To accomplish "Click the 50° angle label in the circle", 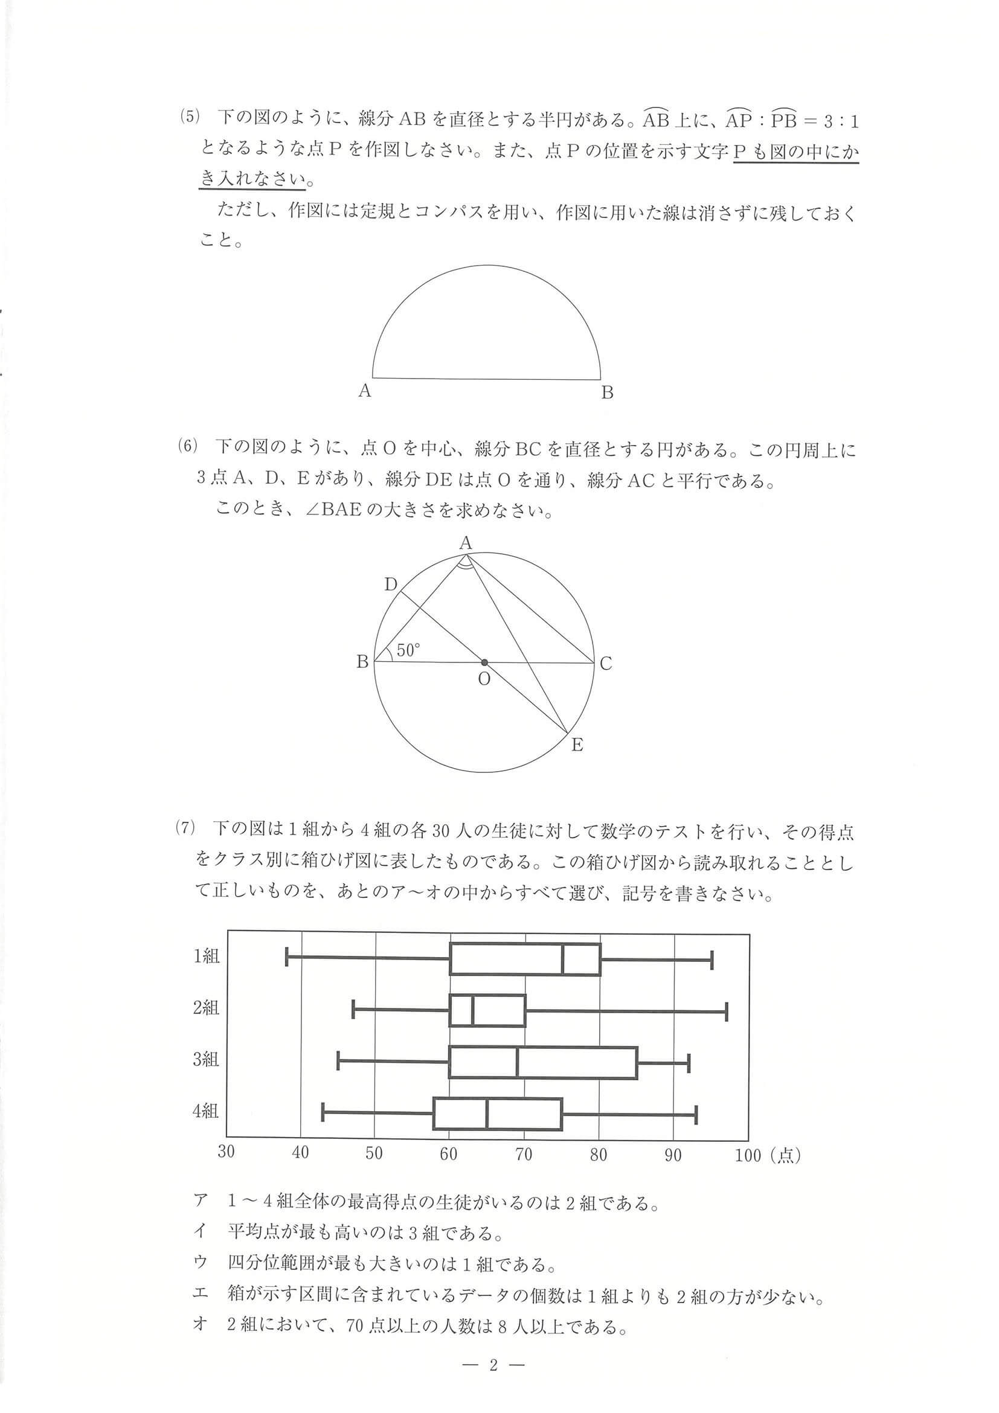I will coord(408,650).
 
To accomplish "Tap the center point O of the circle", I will coord(484,663).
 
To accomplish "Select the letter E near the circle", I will coord(577,745).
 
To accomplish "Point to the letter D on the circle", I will coord(390,584).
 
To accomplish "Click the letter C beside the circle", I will coord(606,664).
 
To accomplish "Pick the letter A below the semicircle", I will coord(364,391).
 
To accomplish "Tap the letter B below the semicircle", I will coord(607,392).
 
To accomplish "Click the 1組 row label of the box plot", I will coord(206,956).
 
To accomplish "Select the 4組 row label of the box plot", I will coord(205,1111).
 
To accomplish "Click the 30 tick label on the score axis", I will coord(226,1152).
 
